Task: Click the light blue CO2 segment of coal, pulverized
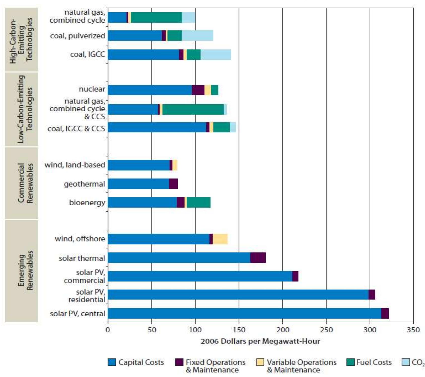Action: click(197, 36)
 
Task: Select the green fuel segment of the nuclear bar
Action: click(215, 90)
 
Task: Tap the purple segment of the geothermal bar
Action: click(173, 184)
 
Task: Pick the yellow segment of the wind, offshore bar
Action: click(220, 239)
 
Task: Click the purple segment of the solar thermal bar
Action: click(258, 258)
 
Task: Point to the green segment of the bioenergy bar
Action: click(198, 202)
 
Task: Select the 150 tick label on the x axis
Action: click(239, 330)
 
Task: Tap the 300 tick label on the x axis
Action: click(370, 330)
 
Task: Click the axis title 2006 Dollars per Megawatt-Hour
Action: click(260, 341)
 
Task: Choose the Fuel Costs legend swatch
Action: click(350, 362)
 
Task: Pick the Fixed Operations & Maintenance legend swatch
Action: click(179, 362)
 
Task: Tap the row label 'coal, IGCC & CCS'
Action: click(76, 129)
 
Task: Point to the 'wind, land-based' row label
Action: click(75, 165)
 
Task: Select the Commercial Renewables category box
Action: click(22, 183)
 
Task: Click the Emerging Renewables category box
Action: click(22, 271)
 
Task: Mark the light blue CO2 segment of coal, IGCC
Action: click(216, 55)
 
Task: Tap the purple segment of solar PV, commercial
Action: click(295, 276)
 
